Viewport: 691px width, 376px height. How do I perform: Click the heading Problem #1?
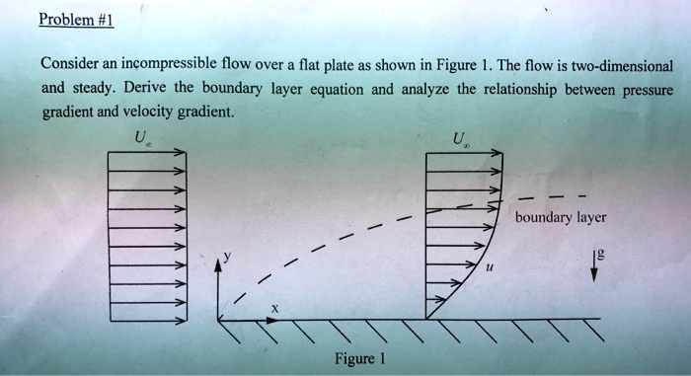pyautogui.click(x=73, y=21)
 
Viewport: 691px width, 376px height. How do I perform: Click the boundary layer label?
pyautogui.click(x=560, y=217)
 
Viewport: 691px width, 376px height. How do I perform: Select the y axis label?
pyautogui.click(x=225, y=255)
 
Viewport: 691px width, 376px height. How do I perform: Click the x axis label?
pyautogui.click(x=274, y=308)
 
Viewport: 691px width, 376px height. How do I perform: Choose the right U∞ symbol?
pyautogui.click(x=459, y=139)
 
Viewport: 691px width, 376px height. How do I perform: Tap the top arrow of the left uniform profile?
pyautogui.click(x=146, y=153)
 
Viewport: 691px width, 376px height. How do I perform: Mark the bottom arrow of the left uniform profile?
pyautogui.click(x=146, y=318)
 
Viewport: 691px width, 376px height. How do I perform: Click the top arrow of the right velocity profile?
pyautogui.click(x=464, y=153)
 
